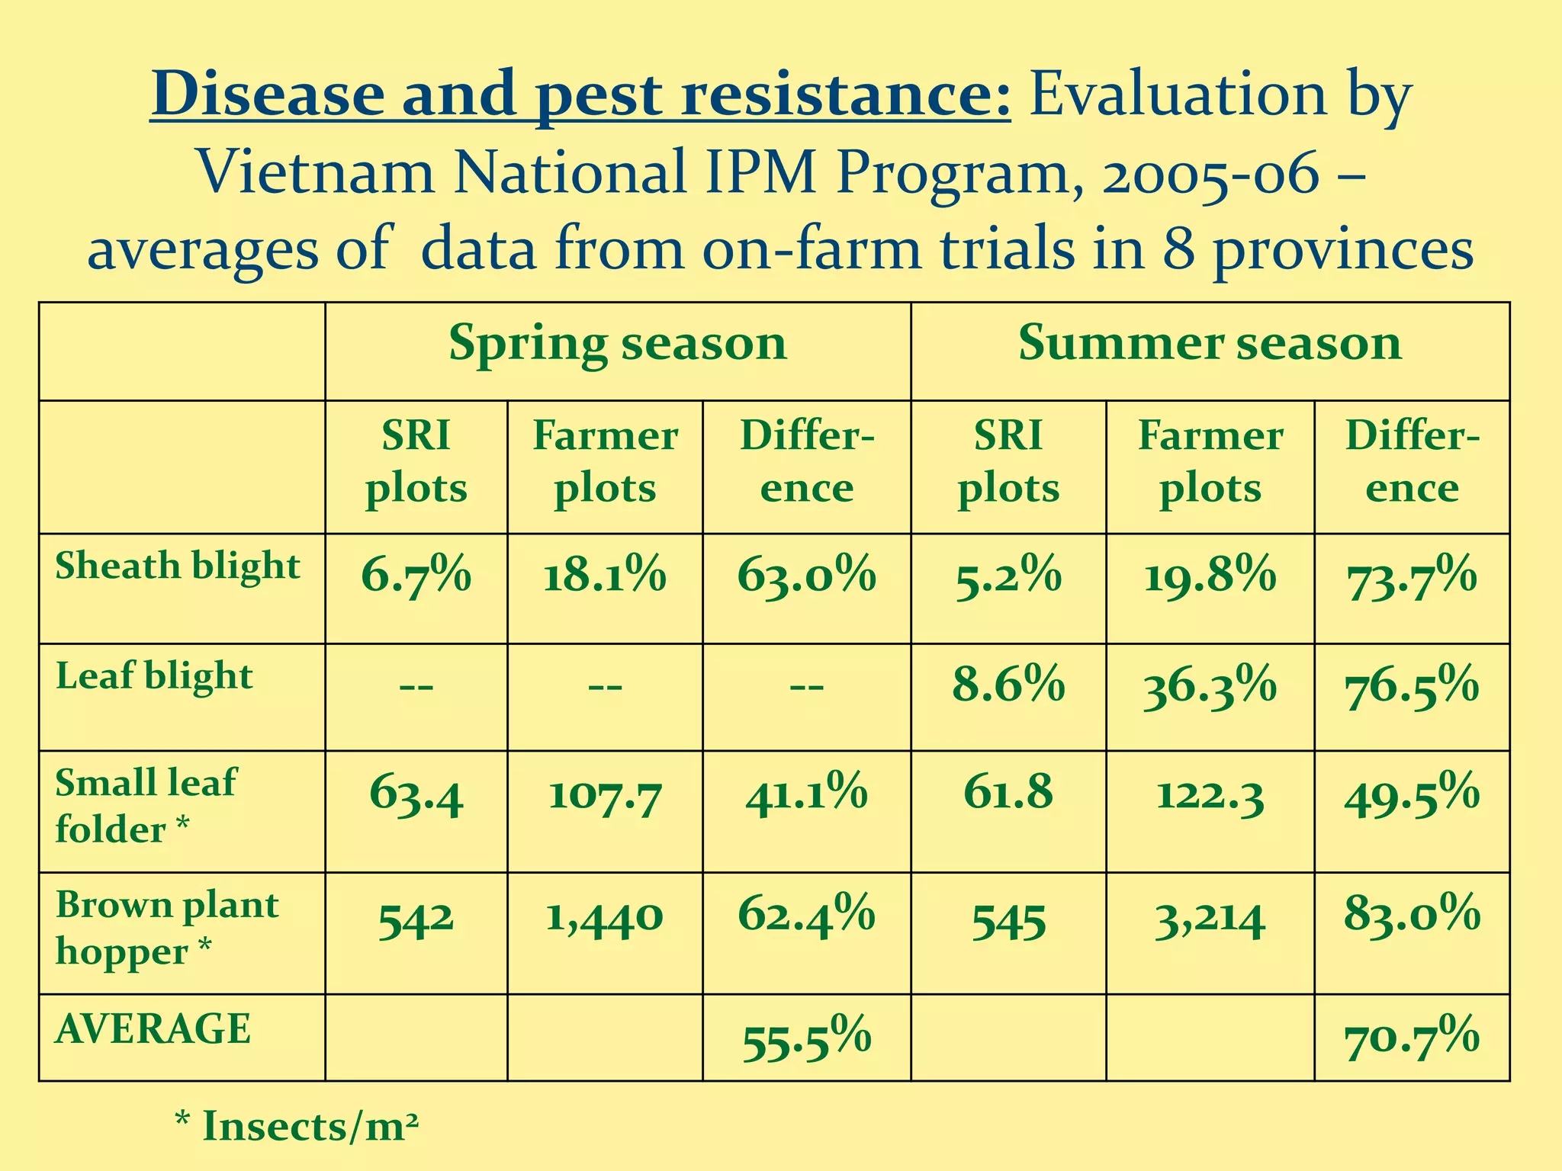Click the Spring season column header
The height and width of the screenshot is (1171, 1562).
click(x=617, y=343)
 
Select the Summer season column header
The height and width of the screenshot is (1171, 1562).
click(x=1210, y=343)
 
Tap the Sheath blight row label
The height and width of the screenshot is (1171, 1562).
click(x=178, y=566)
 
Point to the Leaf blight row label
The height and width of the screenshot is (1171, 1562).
click(x=154, y=676)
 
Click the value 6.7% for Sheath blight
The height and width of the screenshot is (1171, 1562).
click(x=416, y=576)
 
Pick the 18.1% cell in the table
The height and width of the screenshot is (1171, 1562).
click(x=605, y=576)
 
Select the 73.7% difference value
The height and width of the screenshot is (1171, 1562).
click(x=1412, y=579)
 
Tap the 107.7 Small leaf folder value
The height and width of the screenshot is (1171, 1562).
click(x=605, y=797)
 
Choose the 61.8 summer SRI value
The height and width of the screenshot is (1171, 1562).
click(x=1008, y=793)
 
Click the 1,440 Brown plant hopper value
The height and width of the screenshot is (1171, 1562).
click(x=605, y=918)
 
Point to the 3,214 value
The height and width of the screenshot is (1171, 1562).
click(x=1210, y=920)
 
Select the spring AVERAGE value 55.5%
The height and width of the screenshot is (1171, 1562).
click(x=806, y=1039)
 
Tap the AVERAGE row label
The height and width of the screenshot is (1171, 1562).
click(x=153, y=1029)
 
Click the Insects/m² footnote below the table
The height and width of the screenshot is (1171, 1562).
click(x=297, y=1127)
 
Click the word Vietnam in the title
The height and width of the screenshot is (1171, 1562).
click(x=317, y=172)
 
